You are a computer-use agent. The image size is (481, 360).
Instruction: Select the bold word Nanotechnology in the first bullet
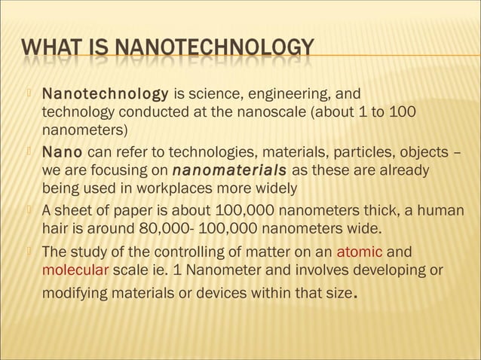[105, 95]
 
